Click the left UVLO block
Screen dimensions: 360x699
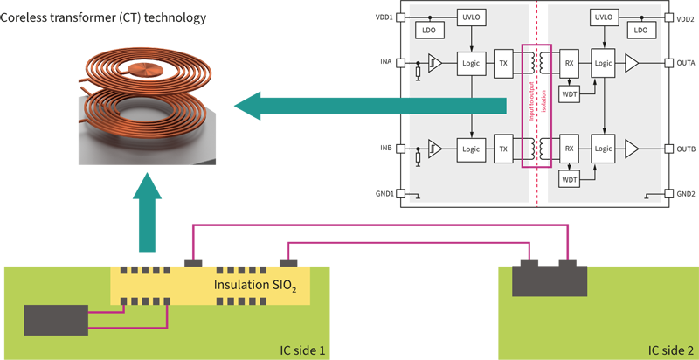coord(470,17)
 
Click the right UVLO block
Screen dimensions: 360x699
coord(604,17)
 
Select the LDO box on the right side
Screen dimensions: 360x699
coord(642,30)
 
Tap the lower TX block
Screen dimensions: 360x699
coord(503,149)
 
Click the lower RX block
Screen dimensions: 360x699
coord(569,149)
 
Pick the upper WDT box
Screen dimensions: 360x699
coord(569,93)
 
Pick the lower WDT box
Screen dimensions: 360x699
coord(569,179)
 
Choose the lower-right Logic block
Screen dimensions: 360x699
coord(604,149)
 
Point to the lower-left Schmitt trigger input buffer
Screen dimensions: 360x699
coord(434,149)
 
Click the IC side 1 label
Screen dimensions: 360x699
coord(297,350)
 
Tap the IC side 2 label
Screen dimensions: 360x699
coord(671,350)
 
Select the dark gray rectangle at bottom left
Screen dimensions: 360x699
coord(56,321)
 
